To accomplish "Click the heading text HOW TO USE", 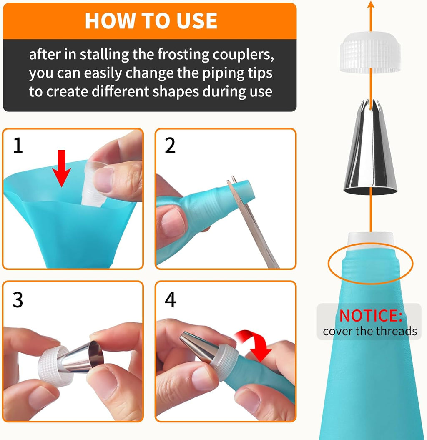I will (x=151, y=20).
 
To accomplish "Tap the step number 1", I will (x=18, y=146).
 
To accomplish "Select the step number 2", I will (x=170, y=146).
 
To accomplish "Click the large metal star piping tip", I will (x=370, y=150).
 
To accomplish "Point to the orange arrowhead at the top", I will (x=370, y=5).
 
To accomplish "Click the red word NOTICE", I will (x=370, y=316).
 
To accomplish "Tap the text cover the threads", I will (x=369, y=331).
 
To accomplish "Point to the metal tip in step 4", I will (x=196, y=344).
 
